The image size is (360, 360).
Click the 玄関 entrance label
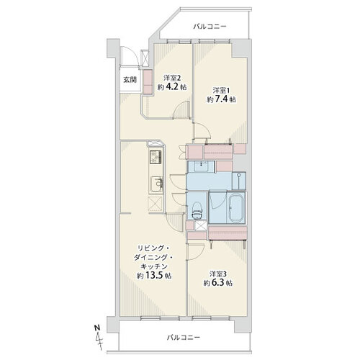(130, 80)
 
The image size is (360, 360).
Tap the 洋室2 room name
(172, 78)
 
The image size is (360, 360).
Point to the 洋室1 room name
(221, 91)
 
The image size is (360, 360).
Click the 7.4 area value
(221, 99)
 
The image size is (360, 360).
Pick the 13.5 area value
(154, 276)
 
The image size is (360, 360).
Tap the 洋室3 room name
(218, 274)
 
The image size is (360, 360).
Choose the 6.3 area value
(217, 283)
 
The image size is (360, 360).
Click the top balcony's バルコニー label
(210, 26)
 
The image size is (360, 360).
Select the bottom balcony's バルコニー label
(184, 338)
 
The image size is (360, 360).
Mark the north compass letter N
(97, 328)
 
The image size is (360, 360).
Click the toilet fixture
(197, 211)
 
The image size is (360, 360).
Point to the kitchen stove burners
(156, 156)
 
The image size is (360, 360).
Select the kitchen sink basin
(157, 184)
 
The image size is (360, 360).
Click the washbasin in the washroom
(201, 166)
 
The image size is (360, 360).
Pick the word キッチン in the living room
(153, 266)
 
